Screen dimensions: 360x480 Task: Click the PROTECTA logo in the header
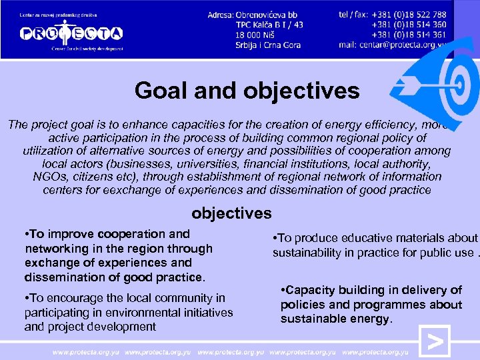pyautogui.click(x=71, y=32)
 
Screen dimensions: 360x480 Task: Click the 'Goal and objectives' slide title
pyautogui.click(x=247, y=91)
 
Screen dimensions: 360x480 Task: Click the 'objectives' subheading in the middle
pyautogui.click(x=231, y=213)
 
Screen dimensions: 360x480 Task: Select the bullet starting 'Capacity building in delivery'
pyautogui.click(x=371, y=304)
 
